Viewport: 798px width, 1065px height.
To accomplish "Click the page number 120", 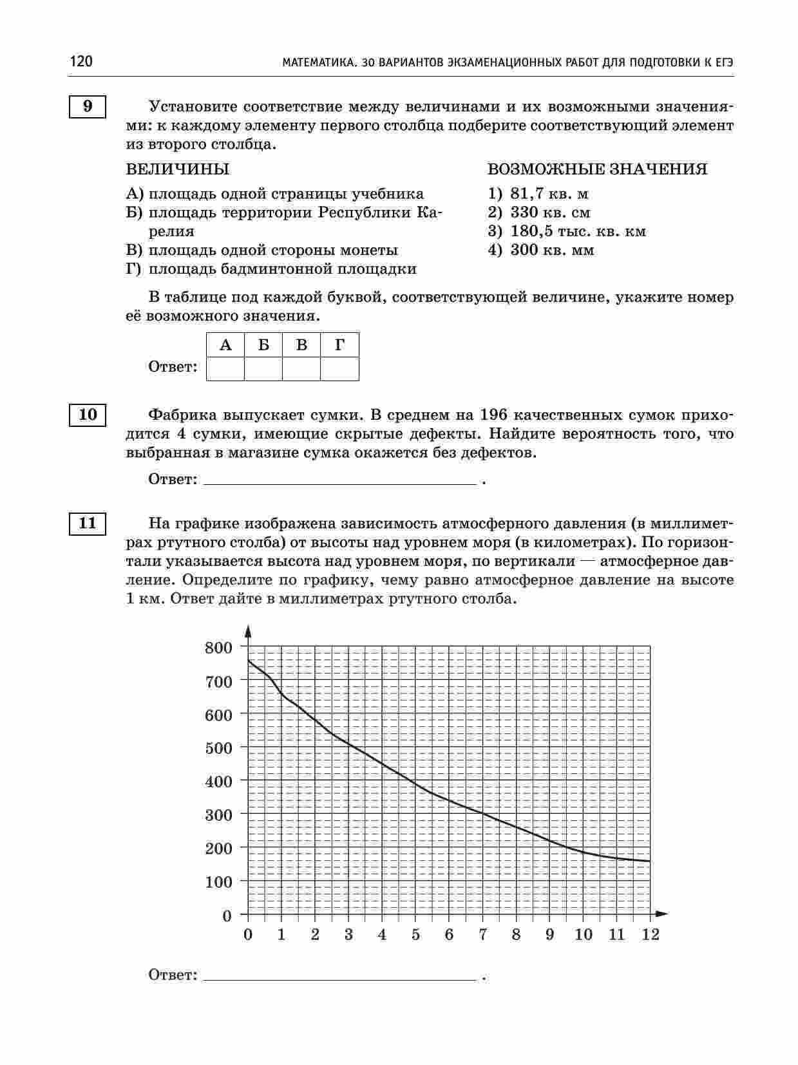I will (81, 62).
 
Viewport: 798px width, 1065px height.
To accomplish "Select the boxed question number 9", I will (88, 106).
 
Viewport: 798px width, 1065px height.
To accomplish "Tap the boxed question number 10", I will (88, 414).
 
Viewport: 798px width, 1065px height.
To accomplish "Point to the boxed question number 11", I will (88, 523).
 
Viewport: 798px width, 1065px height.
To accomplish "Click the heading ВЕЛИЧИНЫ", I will (178, 169).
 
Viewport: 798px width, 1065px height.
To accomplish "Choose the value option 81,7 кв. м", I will (549, 194).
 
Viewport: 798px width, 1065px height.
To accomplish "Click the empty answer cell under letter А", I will (225, 369).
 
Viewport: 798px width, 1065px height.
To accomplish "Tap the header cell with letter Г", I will (339, 345).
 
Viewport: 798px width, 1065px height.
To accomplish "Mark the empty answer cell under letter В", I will (301, 369).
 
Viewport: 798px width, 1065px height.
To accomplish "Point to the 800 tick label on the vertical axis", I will (218, 647).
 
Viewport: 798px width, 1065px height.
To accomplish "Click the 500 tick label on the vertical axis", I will (218, 748).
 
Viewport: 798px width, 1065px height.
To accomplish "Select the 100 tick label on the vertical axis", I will (218, 881).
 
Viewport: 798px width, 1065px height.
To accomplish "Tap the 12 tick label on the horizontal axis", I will (651, 934).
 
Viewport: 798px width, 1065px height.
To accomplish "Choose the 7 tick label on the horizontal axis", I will (483, 934).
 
